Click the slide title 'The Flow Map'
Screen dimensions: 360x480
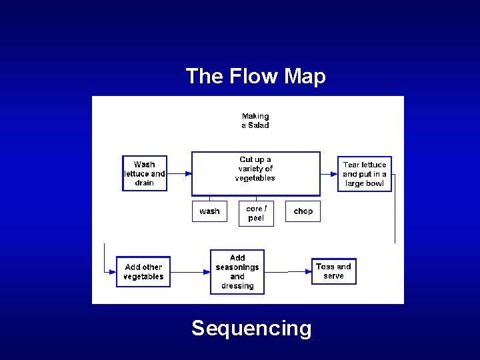pos(255,76)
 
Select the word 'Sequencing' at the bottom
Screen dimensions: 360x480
pos(251,328)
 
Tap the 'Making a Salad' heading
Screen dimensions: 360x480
pos(255,121)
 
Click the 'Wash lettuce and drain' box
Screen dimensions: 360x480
pos(145,173)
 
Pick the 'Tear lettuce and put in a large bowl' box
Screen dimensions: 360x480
pos(364,173)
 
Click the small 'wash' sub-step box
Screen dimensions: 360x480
pos(209,211)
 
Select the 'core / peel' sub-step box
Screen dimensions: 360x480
pos(256,213)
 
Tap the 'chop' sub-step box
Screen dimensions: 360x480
pos(303,211)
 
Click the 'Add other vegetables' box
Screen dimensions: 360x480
pos(143,272)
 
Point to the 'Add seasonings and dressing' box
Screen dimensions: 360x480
pos(237,272)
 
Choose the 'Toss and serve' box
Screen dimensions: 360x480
pos(334,271)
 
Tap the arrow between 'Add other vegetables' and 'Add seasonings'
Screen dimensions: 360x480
pos(190,272)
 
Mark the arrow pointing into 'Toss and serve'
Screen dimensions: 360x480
pos(299,271)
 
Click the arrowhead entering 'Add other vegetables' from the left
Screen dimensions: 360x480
pos(113,272)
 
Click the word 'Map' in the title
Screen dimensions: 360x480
pos(305,76)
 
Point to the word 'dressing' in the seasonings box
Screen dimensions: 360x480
pos(237,286)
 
